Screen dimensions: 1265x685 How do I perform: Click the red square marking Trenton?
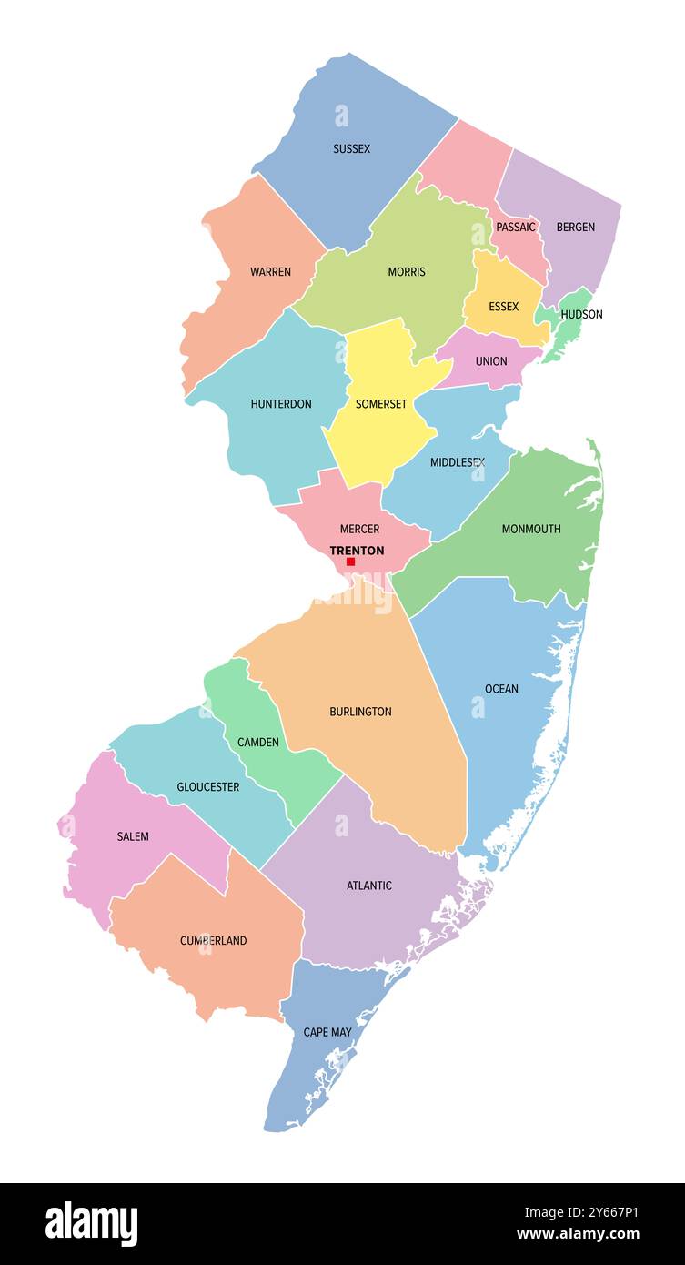[x=350, y=562]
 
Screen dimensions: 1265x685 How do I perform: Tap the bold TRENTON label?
[x=357, y=551]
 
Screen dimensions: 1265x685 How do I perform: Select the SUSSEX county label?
[x=351, y=148]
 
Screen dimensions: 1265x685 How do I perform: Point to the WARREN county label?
[x=270, y=272]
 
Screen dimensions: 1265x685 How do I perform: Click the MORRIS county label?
[x=407, y=272]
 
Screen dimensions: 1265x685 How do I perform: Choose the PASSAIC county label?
[x=516, y=227]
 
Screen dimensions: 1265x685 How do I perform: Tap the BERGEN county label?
[x=575, y=227]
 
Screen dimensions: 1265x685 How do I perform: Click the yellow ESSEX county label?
[x=503, y=307]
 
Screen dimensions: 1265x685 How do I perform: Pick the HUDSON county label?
[x=581, y=314]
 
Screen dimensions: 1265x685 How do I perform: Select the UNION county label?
[x=491, y=361]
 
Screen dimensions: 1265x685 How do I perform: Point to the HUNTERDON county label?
[x=281, y=404]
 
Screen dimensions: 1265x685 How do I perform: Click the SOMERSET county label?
[x=381, y=404]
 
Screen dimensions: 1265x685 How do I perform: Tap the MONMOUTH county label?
[x=531, y=529]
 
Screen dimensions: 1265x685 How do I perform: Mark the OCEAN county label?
[x=501, y=689]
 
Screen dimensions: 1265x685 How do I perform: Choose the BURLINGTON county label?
[x=360, y=712]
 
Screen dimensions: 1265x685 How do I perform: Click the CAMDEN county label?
[x=258, y=743]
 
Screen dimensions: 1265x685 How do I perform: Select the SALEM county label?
[x=133, y=836]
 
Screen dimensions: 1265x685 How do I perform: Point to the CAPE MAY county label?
[x=327, y=1032]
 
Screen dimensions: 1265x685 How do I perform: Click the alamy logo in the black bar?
[x=91, y=1224]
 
